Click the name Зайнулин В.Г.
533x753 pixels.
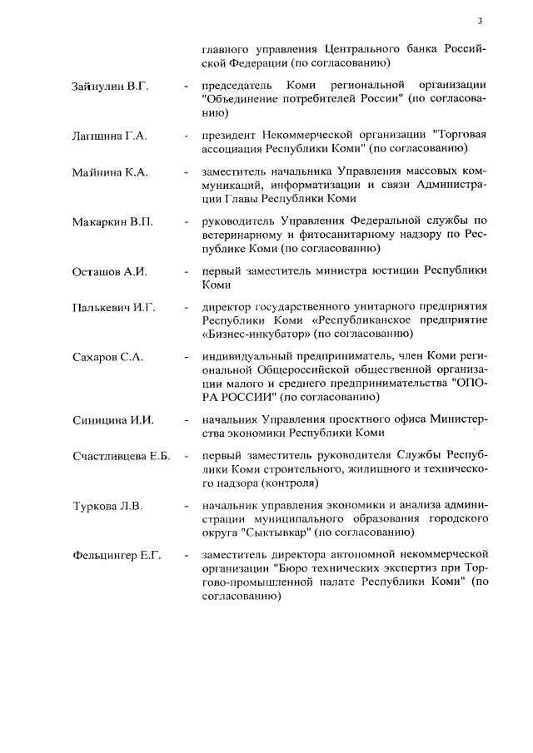[109, 87]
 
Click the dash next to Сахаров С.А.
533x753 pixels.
[186, 358]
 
